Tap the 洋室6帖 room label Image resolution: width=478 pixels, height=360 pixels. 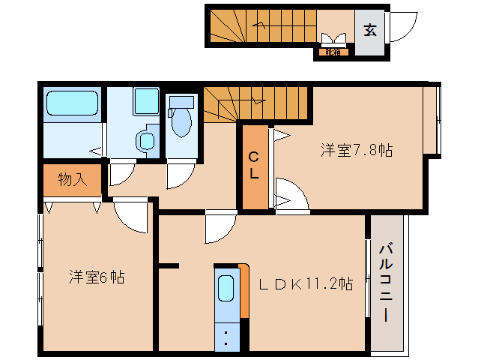pyautogui.click(x=97, y=277)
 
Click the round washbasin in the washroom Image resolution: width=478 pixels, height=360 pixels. pyautogui.click(x=146, y=139)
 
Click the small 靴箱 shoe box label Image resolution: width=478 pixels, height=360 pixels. pyautogui.click(x=332, y=52)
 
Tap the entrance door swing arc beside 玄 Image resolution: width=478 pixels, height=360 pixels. pyautogui.click(x=401, y=27)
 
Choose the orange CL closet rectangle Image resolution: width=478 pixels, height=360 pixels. pyautogui.click(x=255, y=166)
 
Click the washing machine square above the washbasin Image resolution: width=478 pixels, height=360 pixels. pyautogui.click(x=146, y=100)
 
